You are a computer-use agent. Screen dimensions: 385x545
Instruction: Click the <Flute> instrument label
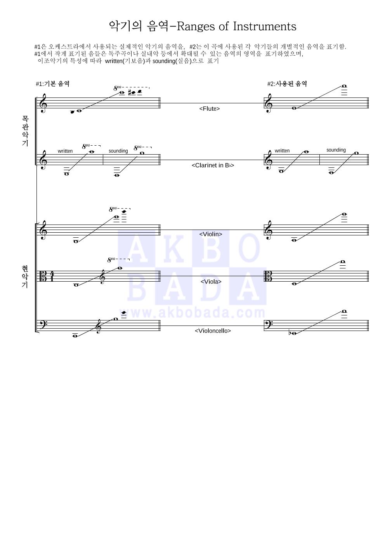point(209,108)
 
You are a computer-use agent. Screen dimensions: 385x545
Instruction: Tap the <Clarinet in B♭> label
point(213,165)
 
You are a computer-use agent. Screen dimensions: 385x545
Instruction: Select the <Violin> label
point(210,234)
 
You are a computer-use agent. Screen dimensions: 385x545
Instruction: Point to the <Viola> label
point(211,282)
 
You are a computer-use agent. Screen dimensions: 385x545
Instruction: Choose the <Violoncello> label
point(213,331)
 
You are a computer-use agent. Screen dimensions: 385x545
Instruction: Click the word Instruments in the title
point(265,26)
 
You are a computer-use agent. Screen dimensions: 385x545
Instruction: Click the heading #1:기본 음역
point(52,84)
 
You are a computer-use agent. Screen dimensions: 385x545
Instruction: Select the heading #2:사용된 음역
point(287,84)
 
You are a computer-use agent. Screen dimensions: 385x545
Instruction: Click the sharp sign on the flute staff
point(130,93)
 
